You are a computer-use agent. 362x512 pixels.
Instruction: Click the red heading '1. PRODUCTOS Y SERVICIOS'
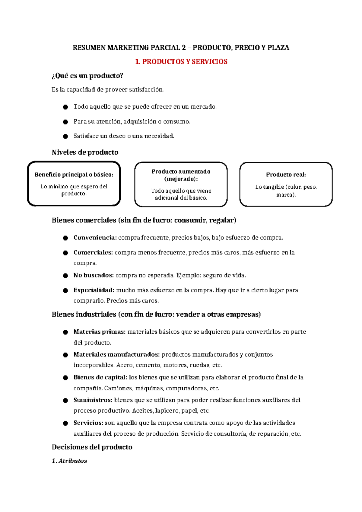tap(181, 62)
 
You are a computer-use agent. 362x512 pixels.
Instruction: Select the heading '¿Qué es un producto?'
tap(87, 76)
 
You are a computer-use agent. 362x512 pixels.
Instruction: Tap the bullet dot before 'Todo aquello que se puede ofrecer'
tap(65, 107)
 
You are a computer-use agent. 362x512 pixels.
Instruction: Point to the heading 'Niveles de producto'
tap(85, 152)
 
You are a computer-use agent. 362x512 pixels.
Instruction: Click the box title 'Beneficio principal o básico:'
tap(74, 174)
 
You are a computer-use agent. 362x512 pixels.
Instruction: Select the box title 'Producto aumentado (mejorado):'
tap(181, 175)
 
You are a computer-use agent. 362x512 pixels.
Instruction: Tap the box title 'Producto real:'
tap(286, 174)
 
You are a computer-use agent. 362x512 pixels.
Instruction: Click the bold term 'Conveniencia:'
tap(95, 238)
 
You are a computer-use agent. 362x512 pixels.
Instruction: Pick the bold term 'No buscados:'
tap(94, 275)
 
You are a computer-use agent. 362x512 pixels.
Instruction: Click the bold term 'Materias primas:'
tap(99, 332)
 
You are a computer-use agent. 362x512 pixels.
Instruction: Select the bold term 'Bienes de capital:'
tap(100, 377)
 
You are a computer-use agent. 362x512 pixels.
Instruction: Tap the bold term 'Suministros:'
tap(93, 400)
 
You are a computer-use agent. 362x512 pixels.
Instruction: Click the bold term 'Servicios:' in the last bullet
tap(88, 423)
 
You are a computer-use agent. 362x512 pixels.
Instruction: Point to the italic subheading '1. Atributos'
tap(69, 461)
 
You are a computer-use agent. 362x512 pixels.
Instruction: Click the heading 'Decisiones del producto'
tap(92, 447)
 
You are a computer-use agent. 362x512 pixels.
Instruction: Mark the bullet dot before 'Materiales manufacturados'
tap(65, 355)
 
